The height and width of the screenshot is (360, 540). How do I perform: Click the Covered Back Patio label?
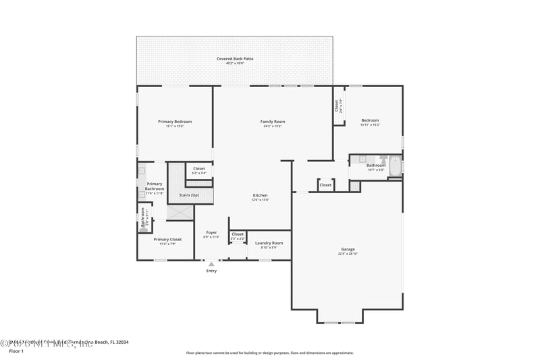tap(234, 59)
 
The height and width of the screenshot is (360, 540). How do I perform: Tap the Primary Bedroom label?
tap(175, 122)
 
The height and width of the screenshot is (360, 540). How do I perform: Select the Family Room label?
tap(273, 122)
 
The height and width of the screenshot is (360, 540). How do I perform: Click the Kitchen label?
tap(261, 195)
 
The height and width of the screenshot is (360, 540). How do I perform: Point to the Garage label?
tap(348, 249)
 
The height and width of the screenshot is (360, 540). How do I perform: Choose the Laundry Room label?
tap(269, 242)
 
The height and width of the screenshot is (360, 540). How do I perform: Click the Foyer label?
tap(211, 232)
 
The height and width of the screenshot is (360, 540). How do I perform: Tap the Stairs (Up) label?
tap(189, 195)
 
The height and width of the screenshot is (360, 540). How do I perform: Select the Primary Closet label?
tap(167, 239)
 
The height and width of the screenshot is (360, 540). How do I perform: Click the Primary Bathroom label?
tap(155, 186)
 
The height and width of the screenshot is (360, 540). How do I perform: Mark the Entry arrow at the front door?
tap(211, 263)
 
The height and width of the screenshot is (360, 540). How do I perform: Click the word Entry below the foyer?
tap(211, 271)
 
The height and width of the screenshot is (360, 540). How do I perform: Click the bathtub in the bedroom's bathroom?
tap(394, 165)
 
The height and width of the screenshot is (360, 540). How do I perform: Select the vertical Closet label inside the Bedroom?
tap(337, 105)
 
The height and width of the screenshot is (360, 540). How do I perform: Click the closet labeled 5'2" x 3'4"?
tap(199, 170)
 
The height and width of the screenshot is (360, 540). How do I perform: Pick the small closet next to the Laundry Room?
tap(238, 236)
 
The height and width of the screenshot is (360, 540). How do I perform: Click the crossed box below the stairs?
tap(180, 212)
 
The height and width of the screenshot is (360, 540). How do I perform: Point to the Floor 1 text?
tap(16, 351)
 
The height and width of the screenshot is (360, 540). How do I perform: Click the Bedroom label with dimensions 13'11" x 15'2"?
tap(370, 122)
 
